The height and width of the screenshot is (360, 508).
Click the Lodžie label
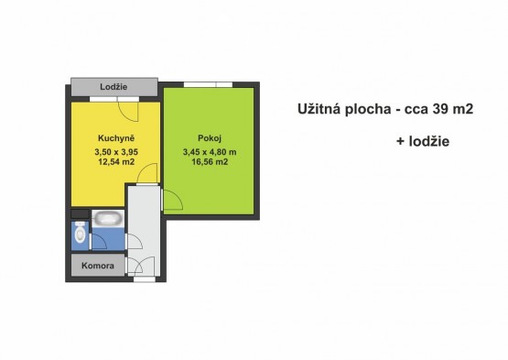tap(113, 87)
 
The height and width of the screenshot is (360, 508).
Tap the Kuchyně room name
tap(116, 138)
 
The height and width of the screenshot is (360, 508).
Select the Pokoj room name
tap(210, 138)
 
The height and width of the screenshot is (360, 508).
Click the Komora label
tap(98, 266)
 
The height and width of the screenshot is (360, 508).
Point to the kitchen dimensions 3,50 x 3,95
tap(116, 152)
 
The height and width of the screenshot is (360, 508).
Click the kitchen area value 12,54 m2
tap(116, 161)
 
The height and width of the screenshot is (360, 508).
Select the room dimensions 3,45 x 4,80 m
tap(210, 152)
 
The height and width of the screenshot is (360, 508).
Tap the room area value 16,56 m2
tap(210, 161)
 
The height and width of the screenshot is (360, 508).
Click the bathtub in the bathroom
tap(108, 218)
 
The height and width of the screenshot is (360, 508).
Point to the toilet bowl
tap(80, 233)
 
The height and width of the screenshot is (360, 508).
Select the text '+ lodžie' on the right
tap(423, 141)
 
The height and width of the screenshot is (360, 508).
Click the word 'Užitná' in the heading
tap(319, 109)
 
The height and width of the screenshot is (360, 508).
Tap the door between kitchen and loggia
tap(129, 112)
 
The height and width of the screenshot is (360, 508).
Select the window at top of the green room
tap(208, 84)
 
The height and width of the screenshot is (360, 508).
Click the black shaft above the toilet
tap(80, 214)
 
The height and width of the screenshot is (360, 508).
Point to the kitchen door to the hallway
tap(147, 173)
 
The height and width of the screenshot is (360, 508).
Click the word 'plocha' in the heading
tap(368, 110)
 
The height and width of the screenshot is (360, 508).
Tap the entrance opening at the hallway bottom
tap(145, 279)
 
